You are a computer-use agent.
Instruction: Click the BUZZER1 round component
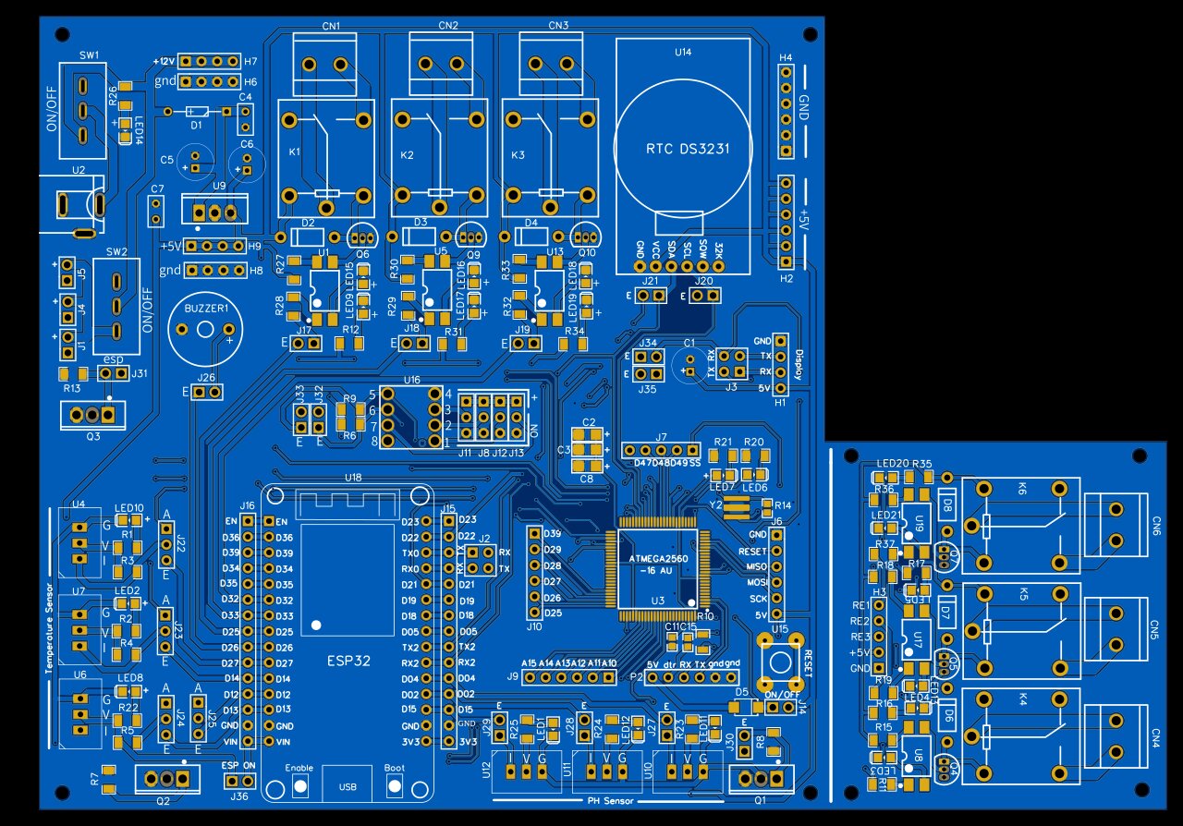coord(207,331)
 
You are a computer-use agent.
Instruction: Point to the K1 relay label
coord(294,153)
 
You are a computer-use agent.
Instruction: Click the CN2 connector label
coord(448,25)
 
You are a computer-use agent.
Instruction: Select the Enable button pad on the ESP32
coord(299,786)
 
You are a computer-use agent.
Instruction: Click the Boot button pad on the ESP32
coord(395,786)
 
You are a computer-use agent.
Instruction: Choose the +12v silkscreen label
coord(164,61)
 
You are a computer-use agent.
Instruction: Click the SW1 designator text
coord(90,55)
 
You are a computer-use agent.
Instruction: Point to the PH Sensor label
coord(611,801)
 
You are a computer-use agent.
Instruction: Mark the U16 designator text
coord(411,380)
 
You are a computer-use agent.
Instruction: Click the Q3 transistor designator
coord(93,436)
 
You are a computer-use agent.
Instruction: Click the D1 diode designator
coord(195,124)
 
